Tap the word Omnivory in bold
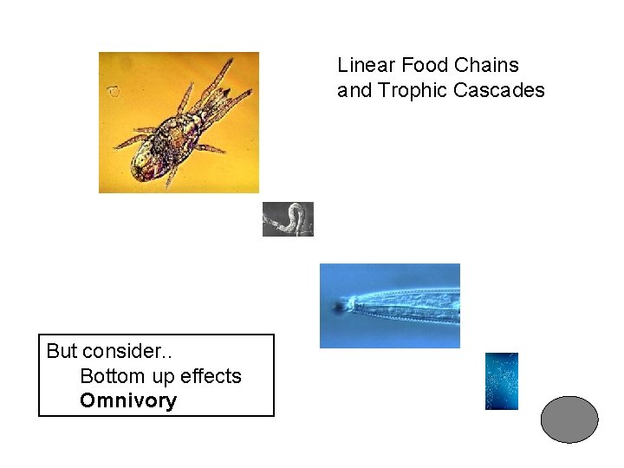[x=128, y=400]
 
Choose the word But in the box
[x=62, y=351]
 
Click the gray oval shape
[x=569, y=419]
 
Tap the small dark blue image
[x=501, y=381]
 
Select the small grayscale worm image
[x=288, y=219]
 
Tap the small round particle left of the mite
[x=113, y=90]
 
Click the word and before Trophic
[x=354, y=90]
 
